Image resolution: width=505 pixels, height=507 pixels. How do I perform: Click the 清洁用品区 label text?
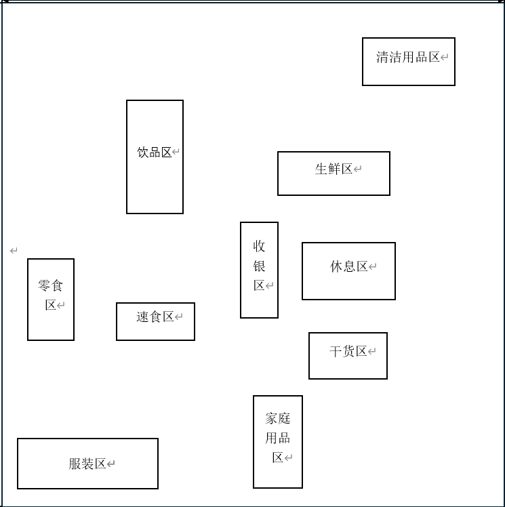(x=408, y=58)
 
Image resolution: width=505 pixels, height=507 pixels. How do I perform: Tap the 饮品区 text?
(x=155, y=153)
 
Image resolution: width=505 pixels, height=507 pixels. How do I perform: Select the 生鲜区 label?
(x=334, y=169)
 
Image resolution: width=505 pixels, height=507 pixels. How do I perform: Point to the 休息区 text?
(x=348, y=267)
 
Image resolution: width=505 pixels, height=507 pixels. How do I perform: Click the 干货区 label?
(x=348, y=352)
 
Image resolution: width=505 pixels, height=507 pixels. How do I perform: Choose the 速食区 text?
(x=155, y=317)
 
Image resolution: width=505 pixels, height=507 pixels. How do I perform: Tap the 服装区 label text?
(x=87, y=464)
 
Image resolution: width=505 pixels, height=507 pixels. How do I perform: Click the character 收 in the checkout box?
(x=259, y=246)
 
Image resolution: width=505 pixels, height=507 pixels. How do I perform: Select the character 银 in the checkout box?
(x=259, y=266)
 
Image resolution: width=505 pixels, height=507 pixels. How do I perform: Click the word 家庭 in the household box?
(x=277, y=418)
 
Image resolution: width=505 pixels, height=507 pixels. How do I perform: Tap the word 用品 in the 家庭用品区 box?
(x=277, y=438)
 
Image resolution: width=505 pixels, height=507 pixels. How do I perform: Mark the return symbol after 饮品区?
(x=176, y=153)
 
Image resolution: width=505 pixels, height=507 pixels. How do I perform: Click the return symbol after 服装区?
(x=111, y=464)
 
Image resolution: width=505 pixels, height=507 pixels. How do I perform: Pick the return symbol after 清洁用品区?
(x=445, y=58)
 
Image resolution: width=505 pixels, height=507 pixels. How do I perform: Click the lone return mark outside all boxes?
(x=14, y=251)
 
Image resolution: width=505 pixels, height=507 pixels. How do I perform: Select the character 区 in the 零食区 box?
(x=51, y=305)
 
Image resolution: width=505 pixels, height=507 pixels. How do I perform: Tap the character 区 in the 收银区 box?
(x=259, y=285)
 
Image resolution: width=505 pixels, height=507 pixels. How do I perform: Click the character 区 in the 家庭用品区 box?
(x=278, y=458)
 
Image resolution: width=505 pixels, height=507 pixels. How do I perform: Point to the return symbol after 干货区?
(x=371, y=352)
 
